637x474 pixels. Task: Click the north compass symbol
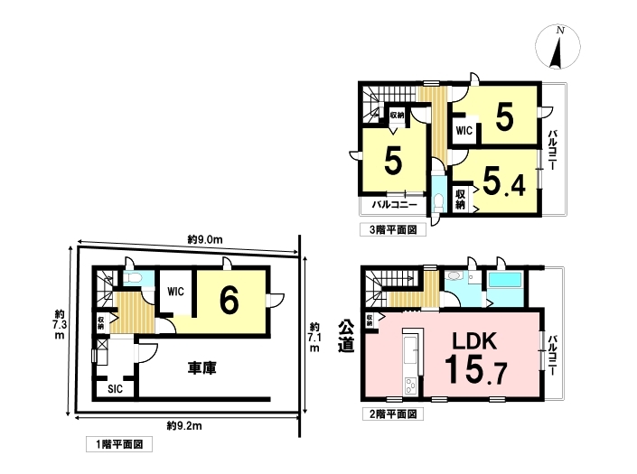tap(557, 47)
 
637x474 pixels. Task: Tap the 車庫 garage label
tap(201, 367)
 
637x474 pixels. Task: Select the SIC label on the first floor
tap(115, 389)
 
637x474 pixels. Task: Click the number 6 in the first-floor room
tap(230, 301)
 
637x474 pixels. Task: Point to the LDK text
tap(474, 341)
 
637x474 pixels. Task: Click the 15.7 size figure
tap(475, 369)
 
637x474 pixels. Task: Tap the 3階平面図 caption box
tap(393, 229)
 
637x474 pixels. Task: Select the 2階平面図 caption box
tap(393, 414)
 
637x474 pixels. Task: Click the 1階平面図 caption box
tap(119, 444)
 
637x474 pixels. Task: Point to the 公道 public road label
tap(346, 336)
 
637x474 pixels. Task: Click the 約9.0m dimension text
tap(205, 239)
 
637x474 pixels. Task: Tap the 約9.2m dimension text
tap(184, 426)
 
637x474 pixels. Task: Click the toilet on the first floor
tap(133, 277)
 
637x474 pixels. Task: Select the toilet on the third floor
tap(438, 201)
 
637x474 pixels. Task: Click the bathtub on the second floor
tap(505, 280)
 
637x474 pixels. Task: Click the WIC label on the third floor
tap(464, 130)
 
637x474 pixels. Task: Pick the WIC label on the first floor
tap(175, 292)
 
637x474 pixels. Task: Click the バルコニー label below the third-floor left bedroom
tap(395, 205)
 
